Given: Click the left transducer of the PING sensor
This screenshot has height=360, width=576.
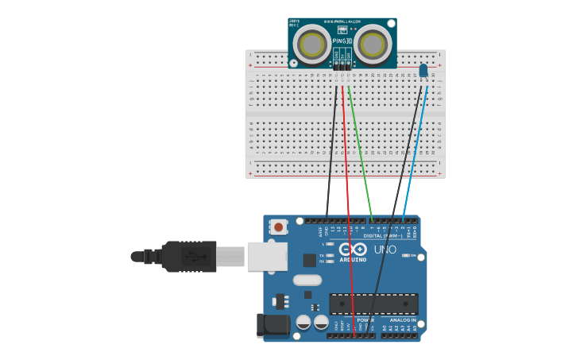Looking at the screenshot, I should pyautogui.click(x=312, y=44).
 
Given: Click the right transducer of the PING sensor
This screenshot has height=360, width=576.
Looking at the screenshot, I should pyautogui.click(x=372, y=44).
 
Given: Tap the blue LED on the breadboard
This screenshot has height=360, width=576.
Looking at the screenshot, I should pyautogui.click(x=423, y=71).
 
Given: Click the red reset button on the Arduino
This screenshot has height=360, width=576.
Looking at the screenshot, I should pyautogui.click(x=278, y=226).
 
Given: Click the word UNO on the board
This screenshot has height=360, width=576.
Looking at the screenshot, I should pyautogui.click(x=385, y=250).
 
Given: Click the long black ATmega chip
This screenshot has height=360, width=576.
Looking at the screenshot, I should pyautogui.click(x=373, y=304).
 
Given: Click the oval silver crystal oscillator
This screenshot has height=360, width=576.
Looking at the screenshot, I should pyautogui.click(x=307, y=280).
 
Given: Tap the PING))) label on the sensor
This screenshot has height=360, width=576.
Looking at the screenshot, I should pyautogui.click(x=342, y=40).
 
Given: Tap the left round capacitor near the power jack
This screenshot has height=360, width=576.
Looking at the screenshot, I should pyautogui.click(x=303, y=322).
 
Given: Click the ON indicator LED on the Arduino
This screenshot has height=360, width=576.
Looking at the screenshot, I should pyautogui.click(x=406, y=256).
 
